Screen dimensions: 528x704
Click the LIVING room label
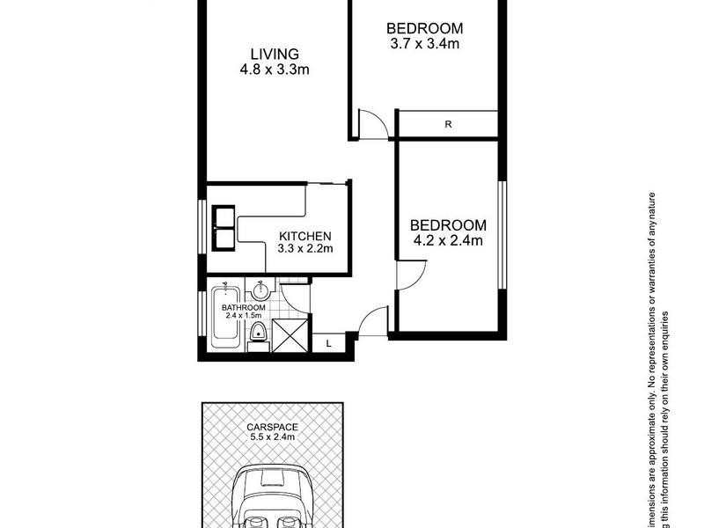coord(273,54)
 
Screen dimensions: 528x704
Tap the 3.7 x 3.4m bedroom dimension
coord(425,42)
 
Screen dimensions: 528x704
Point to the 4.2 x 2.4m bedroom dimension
coord(448,238)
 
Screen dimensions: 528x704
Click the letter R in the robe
coord(448,124)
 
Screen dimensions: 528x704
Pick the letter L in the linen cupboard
coord(328,344)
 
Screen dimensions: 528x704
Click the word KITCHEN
coord(304,236)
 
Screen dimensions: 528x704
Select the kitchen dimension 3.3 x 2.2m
coord(304,249)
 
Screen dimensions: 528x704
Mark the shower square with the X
coord(290,335)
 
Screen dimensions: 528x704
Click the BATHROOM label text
coord(244,307)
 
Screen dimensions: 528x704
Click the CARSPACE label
coord(271,426)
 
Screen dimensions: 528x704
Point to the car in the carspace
coord(272,497)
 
